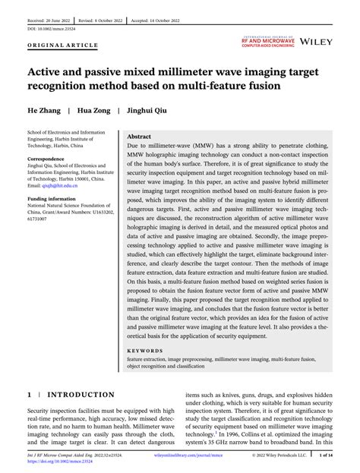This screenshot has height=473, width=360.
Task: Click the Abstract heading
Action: pos(140,137)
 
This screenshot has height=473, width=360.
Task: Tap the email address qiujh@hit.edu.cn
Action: pos(60,184)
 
